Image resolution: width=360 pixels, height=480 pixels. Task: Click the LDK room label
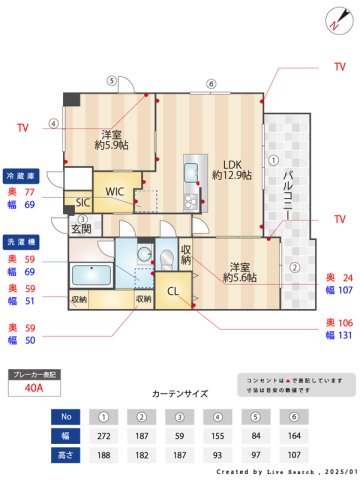pos(232,165)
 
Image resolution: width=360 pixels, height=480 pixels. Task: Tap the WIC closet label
pos(116,190)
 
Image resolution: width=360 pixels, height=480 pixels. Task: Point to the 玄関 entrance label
pos(82,229)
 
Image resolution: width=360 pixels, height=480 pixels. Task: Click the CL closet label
pos(173,292)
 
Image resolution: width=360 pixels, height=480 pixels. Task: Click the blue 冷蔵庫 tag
pos(22,173)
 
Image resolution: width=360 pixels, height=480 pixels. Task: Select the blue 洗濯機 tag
pos(22,243)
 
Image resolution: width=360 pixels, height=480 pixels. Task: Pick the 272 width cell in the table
pos(104,435)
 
